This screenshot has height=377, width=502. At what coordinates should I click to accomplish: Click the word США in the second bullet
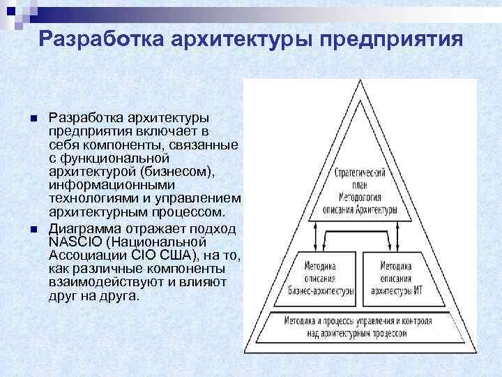[x=183, y=255]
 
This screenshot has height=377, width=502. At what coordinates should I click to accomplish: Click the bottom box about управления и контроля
[x=358, y=327]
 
